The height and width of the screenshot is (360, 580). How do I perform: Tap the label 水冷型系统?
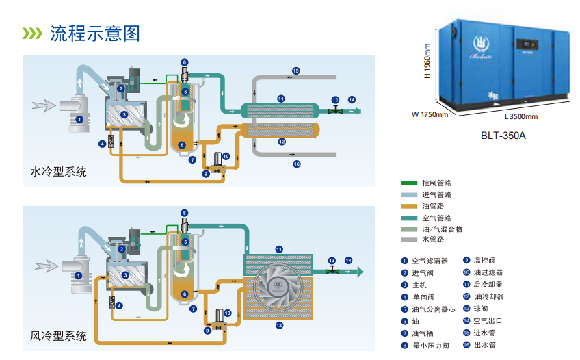click(x=59, y=172)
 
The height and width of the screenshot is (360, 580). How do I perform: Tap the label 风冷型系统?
click(x=59, y=336)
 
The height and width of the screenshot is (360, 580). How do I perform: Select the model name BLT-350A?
click(x=503, y=136)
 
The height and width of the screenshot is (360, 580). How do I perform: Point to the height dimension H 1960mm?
click(x=427, y=62)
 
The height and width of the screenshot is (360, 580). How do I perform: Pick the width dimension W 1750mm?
click(x=430, y=114)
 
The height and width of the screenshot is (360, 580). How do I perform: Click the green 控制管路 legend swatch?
click(x=409, y=183)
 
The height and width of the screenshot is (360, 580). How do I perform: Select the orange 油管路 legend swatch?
click(x=409, y=206)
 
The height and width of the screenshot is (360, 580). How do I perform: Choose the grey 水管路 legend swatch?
click(x=409, y=240)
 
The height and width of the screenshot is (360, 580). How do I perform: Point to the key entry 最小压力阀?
click(x=430, y=346)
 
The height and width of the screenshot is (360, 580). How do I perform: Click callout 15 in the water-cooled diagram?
click(x=296, y=70)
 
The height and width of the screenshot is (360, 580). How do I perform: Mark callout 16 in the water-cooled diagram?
click(x=296, y=164)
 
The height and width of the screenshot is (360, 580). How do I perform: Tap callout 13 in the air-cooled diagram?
click(x=332, y=261)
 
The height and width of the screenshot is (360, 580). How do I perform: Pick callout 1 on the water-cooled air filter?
click(x=79, y=119)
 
